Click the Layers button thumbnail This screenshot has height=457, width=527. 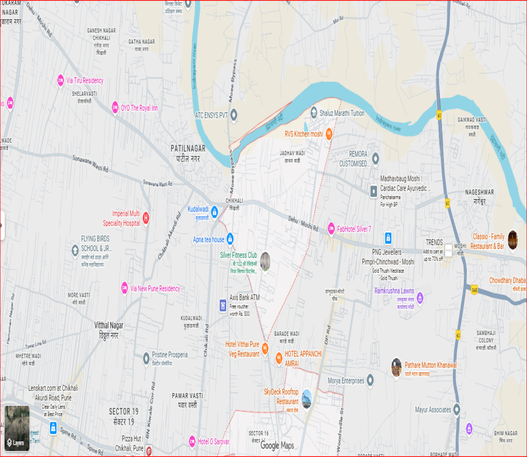pos(17,428)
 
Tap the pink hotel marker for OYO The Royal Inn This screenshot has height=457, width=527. pos(115,107)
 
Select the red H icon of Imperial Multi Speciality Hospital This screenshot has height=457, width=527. pos(145,218)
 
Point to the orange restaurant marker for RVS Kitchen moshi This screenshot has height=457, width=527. pos(329,134)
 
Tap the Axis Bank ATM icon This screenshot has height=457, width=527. pos(223,305)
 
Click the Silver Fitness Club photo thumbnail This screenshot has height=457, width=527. pos(265,261)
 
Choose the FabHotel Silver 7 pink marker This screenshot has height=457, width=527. pos(331,228)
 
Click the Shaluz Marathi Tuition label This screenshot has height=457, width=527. pos(341,113)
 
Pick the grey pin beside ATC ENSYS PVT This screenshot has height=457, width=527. pos(234,115)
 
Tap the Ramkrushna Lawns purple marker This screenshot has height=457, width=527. pos(420,298)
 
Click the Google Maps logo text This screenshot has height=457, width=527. pos(277,445)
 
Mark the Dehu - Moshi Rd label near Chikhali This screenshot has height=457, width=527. pos(303,224)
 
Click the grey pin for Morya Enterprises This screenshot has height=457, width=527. pos(370,380)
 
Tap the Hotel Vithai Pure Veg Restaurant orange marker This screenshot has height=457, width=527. pos(265,348)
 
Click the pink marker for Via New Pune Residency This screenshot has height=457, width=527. pos(124,288)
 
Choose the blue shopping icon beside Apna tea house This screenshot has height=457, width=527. pos(230,239)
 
